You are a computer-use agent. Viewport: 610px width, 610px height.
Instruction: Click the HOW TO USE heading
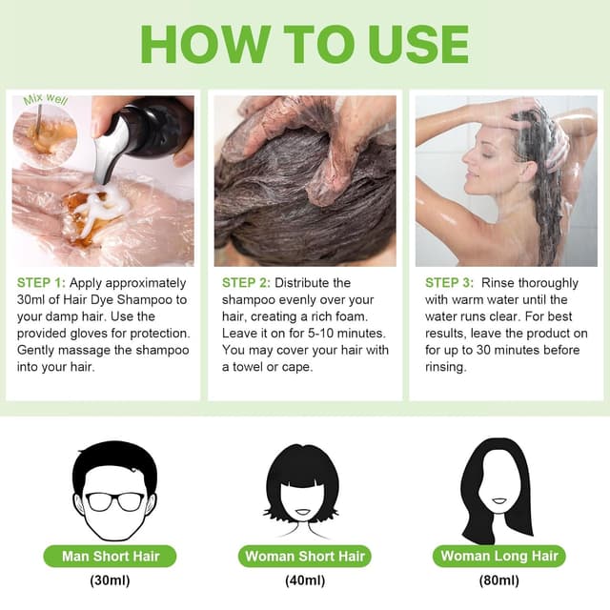click(305, 43)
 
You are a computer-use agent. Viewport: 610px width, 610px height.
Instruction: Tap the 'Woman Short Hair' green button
click(304, 557)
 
